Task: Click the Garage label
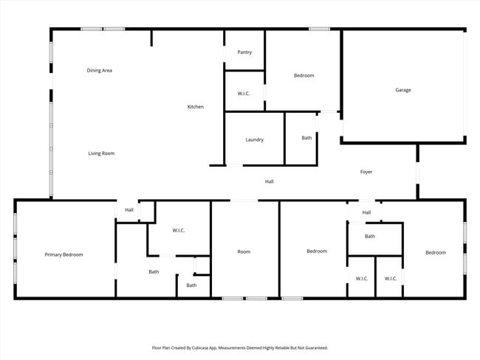pyautogui.click(x=402, y=90)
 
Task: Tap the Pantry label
pyautogui.click(x=244, y=52)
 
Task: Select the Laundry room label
pyautogui.click(x=254, y=139)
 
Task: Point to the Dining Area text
pyautogui.click(x=99, y=71)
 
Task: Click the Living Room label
pyautogui.click(x=101, y=153)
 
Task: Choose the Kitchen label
pyautogui.click(x=195, y=107)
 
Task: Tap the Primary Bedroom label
pyautogui.click(x=64, y=255)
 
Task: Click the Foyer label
pyautogui.click(x=366, y=172)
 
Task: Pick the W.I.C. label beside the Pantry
pyautogui.click(x=244, y=94)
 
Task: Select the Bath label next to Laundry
pyautogui.click(x=306, y=138)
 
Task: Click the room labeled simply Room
pyautogui.click(x=244, y=252)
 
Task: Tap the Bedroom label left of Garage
pyautogui.click(x=304, y=75)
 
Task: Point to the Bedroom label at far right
pyautogui.click(x=436, y=253)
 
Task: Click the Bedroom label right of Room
pyautogui.click(x=317, y=252)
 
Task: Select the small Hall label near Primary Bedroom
pyautogui.click(x=129, y=210)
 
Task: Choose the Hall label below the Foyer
pyautogui.click(x=366, y=212)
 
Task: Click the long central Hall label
pyautogui.click(x=270, y=181)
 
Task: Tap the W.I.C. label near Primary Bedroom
pyautogui.click(x=179, y=231)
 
